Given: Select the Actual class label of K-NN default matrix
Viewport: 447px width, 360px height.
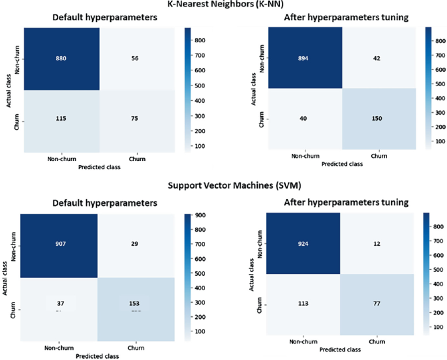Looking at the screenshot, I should pos(7,89).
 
